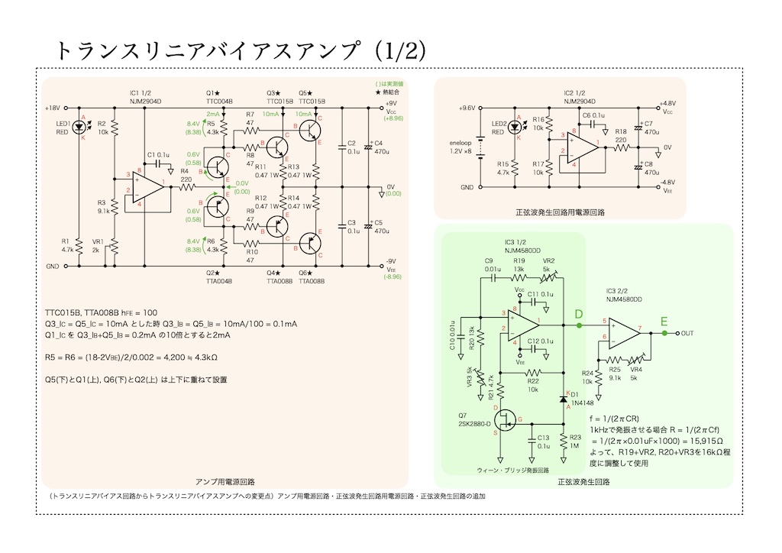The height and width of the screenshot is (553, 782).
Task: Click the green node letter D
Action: [x=579, y=315]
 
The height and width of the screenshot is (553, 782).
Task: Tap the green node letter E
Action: [x=664, y=322]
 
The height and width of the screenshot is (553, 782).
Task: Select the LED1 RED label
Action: [x=63, y=127]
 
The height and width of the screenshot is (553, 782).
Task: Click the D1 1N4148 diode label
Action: [x=580, y=398]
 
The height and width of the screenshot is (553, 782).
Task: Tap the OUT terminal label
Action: [x=687, y=334]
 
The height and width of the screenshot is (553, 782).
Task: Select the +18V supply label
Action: [x=53, y=108]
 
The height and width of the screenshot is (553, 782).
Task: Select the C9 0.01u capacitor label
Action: [x=493, y=264]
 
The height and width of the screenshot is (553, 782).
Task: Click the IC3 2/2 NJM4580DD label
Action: [x=623, y=296]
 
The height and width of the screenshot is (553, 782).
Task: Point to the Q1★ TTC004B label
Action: [x=219, y=97]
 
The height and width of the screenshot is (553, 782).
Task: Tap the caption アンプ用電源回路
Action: [x=225, y=482]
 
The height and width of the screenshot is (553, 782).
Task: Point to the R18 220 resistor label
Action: [x=621, y=136]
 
